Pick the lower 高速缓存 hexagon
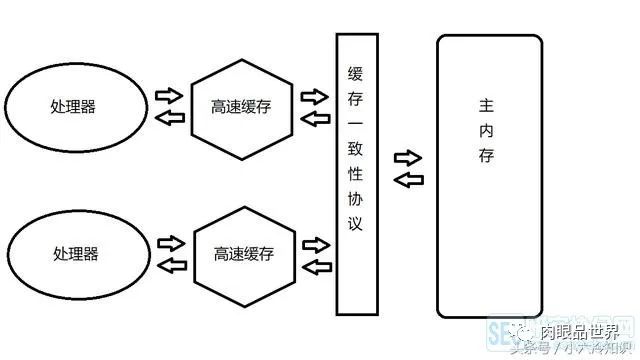243,254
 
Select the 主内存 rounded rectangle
490,174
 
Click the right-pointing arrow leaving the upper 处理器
167,97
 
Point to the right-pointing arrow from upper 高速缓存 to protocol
315,98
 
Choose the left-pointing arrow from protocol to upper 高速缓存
315,119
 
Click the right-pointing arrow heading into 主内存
408,158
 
